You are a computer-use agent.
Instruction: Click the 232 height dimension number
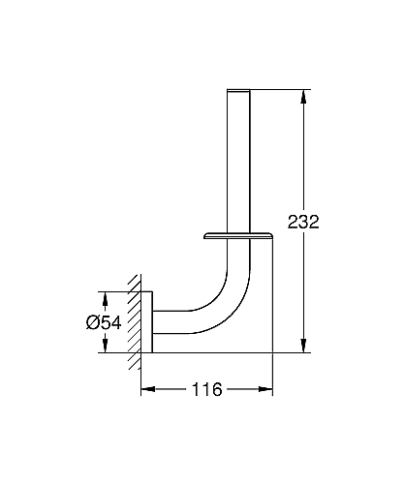pos(303,222)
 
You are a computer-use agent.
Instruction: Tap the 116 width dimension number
pos(207,389)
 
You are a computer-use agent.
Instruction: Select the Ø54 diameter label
pos(104,322)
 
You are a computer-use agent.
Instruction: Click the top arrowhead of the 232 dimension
pos(303,96)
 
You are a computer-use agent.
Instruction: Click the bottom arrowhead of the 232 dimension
pos(303,346)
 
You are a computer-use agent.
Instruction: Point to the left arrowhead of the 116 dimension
pos(148,389)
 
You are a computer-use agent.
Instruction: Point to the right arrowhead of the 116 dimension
pos(265,389)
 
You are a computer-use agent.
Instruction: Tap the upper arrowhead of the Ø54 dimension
pos(105,299)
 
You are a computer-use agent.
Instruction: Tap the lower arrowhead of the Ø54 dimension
pos(105,346)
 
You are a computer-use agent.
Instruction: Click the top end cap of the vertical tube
pos(238,90)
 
